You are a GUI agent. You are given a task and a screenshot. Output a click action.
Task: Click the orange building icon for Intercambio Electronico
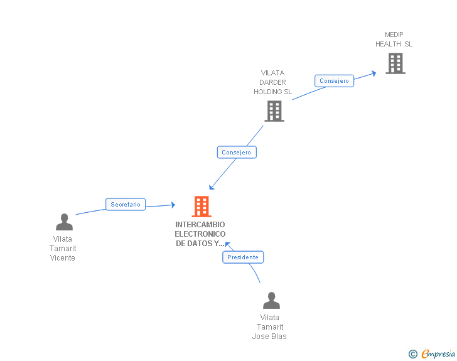(201, 207)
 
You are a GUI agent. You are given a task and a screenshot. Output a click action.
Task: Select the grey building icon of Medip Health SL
(395, 63)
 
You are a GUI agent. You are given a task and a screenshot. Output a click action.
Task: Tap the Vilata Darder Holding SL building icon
(274, 111)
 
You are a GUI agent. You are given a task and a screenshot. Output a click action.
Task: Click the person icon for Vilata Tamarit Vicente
(64, 222)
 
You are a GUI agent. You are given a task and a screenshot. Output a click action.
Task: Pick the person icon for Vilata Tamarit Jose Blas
(271, 300)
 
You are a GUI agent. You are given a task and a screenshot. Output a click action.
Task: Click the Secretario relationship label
(126, 205)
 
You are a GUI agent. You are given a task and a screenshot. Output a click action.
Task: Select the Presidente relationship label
(243, 257)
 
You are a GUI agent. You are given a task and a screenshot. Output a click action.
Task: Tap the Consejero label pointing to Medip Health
(334, 81)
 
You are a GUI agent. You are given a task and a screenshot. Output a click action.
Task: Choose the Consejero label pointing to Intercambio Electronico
(237, 153)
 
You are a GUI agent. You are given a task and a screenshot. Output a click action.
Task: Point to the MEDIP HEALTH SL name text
(394, 40)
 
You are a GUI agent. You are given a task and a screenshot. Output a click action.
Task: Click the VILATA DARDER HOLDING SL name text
(272, 82)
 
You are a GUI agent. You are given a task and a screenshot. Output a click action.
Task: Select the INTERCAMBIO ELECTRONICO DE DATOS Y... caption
(200, 234)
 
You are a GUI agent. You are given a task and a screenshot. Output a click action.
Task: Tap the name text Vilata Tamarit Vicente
(63, 249)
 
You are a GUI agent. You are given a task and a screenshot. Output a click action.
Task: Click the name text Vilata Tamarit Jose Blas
(270, 327)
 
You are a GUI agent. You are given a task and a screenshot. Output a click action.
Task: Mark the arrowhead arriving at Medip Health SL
(374, 73)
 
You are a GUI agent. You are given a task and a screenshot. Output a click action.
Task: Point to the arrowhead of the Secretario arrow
(173, 205)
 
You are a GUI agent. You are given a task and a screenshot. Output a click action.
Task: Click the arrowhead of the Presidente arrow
(227, 243)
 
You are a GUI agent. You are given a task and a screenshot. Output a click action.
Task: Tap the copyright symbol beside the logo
(412, 355)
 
